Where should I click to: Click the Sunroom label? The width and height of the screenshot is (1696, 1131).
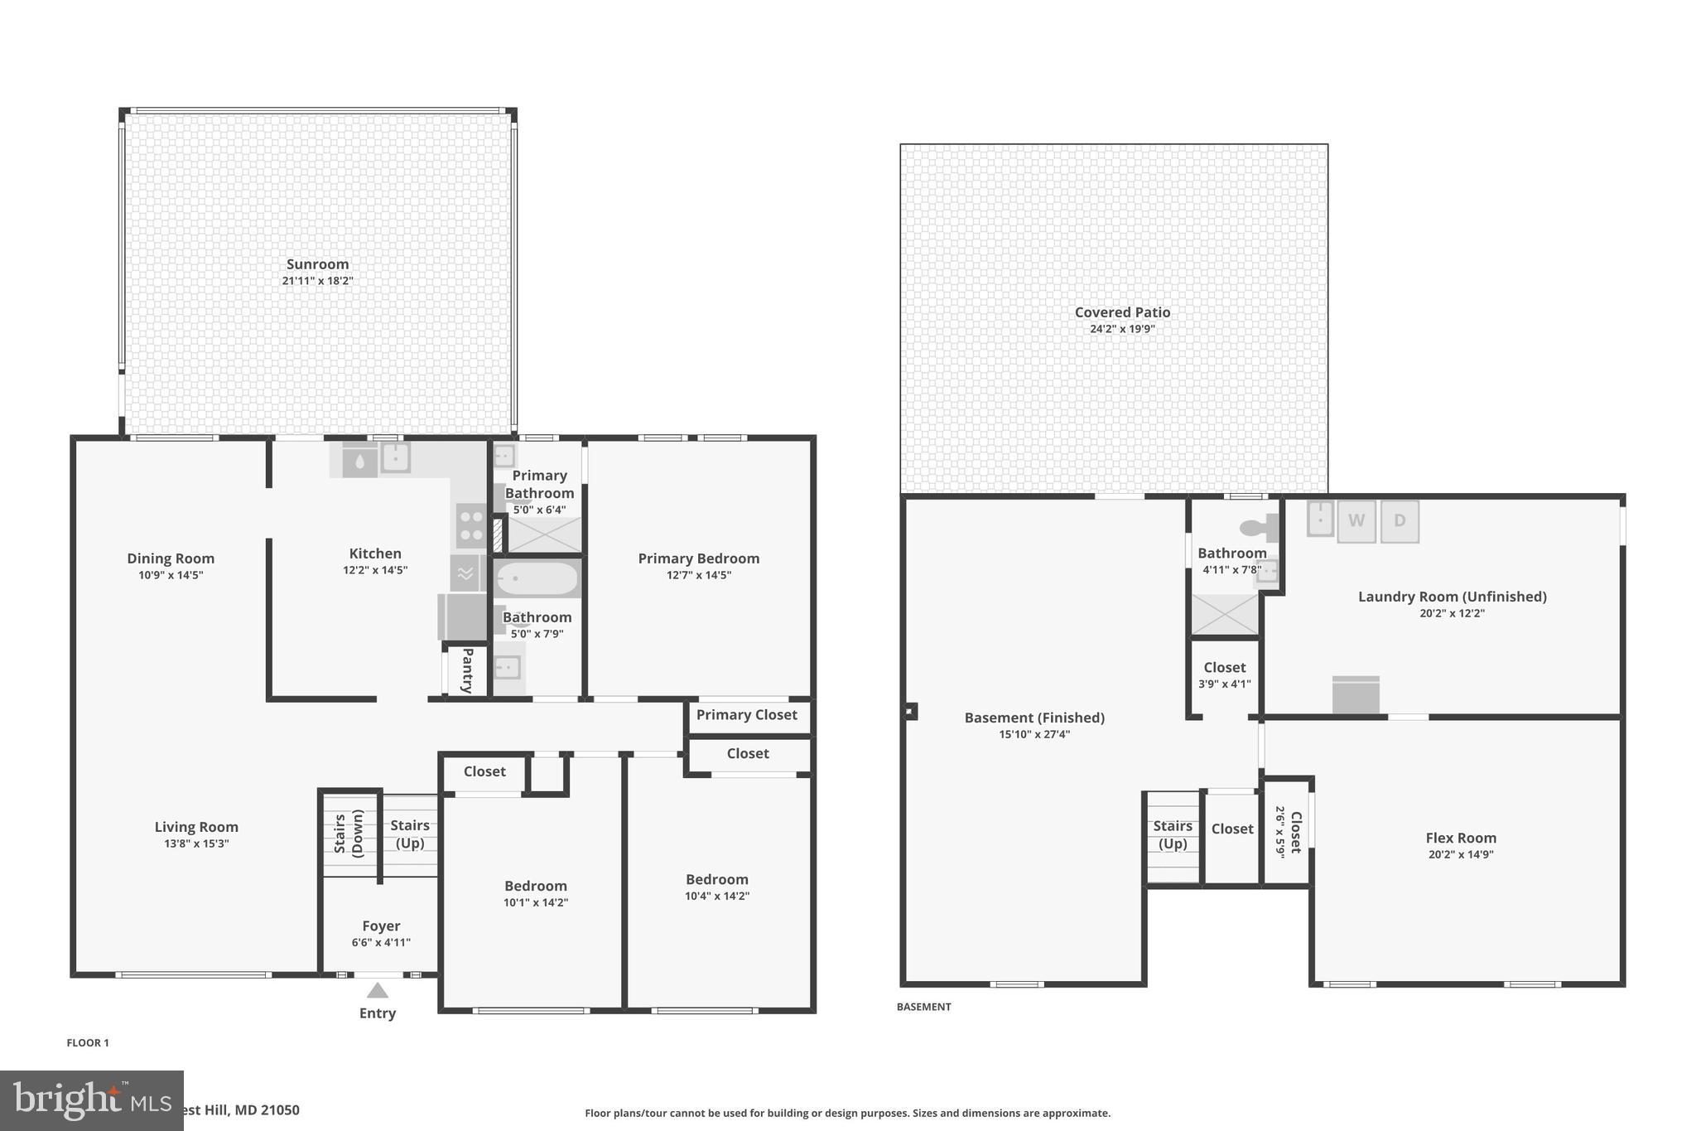tap(317, 264)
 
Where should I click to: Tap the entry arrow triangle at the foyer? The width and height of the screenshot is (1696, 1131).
tap(378, 990)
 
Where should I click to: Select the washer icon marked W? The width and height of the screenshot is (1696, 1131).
tap(1356, 521)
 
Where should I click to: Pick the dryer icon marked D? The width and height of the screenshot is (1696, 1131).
tap(1400, 521)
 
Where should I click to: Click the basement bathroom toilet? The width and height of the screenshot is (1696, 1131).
tap(1259, 527)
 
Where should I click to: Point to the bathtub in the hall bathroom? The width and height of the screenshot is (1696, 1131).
tap(537, 579)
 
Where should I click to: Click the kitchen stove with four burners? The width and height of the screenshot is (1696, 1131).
tap(471, 525)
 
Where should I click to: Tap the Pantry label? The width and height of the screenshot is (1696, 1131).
tap(467, 670)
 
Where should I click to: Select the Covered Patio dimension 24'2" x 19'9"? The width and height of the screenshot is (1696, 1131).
tap(1122, 329)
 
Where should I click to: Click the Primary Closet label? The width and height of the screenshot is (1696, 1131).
tap(746, 714)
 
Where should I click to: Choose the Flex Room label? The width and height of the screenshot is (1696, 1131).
tap(1460, 838)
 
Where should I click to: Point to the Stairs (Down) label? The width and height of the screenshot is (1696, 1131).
tap(349, 834)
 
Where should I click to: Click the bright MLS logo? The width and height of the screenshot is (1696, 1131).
tap(91, 1100)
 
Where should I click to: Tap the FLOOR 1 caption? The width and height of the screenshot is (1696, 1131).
tap(88, 1042)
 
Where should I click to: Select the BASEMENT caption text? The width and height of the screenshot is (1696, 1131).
tap(923, 1007)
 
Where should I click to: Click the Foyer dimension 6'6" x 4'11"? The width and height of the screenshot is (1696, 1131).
tap(381, 942)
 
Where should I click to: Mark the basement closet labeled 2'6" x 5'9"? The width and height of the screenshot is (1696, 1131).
tap(1288, 832)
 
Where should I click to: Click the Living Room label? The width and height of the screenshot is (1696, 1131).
tap(196, 827)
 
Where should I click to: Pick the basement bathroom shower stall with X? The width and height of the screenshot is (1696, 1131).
tap(1224, 614)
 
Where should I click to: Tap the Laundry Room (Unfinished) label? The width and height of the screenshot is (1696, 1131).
tap(1452, 597)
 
